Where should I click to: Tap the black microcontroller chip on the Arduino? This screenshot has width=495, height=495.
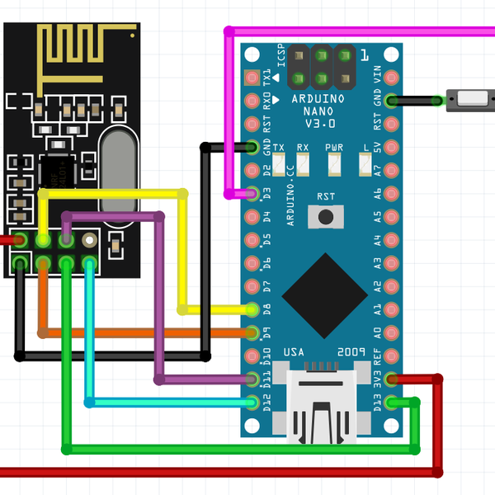click(325, 295)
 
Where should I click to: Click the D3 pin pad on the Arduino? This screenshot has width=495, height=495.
click(252, 194)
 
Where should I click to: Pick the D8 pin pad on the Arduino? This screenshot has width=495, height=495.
click(252, 309)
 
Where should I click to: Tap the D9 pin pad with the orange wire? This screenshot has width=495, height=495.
click(252, 332)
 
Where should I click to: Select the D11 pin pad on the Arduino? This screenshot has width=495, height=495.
click(252, 379)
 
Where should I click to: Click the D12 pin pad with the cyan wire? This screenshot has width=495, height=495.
click(252, 403)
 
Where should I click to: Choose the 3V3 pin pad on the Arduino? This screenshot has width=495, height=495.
click(392, 379)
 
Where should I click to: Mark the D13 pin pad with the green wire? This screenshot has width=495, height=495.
click(392, 403)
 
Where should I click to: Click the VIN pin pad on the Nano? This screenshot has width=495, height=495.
click(392, 78)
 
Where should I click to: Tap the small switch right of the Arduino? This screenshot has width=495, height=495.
click(471, 101)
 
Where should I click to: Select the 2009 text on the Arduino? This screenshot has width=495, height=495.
click(351, 352)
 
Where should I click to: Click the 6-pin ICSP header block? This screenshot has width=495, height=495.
click(322, 68)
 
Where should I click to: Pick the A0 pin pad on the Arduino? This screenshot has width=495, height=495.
click(392, 332)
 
